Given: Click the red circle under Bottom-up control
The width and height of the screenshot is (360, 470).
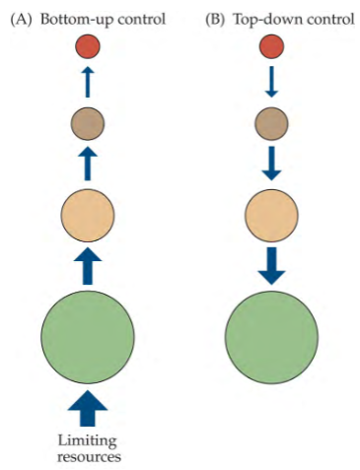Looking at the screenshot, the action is [88, 45].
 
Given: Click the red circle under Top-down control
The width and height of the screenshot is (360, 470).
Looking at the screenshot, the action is [270, 45].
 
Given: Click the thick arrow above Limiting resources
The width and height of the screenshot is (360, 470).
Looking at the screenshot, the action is [88, 404].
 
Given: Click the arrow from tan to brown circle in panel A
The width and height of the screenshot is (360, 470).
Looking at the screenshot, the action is [88, 162].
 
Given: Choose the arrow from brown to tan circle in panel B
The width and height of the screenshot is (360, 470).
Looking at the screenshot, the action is [270, 162].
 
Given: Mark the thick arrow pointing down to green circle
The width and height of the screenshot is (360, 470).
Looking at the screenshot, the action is [270, 263].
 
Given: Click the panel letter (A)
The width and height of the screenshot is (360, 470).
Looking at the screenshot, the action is [21, 16].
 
